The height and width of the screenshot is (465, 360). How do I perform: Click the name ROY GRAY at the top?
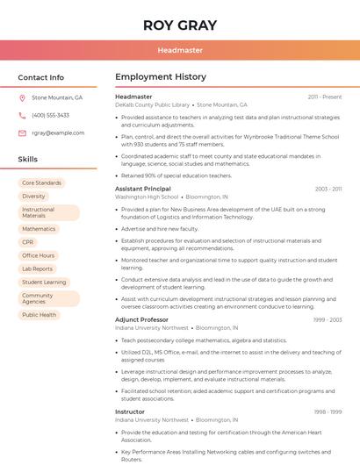click(x=180, y=25)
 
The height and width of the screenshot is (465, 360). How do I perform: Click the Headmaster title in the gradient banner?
click(x=180, y=50)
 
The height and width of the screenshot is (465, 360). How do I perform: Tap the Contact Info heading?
click(x=41, y=77)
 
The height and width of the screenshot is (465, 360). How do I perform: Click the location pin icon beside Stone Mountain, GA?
click(x=22, y=97)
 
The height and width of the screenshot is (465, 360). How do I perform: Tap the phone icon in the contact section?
click(x=22, y=115)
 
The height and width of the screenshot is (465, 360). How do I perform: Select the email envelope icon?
click(x=22, y=132)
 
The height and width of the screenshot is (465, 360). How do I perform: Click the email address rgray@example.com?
click(x=58, y=132)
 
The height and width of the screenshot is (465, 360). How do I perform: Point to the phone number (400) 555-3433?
click(x=50, y=115)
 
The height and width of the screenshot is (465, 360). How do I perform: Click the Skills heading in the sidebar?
click(x=28, y=159)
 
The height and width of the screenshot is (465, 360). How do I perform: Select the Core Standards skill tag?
click(x=41, y=182)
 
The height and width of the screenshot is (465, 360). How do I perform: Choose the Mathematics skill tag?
click(x=39, y=229)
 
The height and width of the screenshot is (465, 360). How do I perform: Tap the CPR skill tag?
click(x=28, y=242)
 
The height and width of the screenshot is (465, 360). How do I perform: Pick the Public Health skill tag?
click(x=40, y=315)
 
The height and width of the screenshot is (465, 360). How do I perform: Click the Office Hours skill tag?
click(x=39, y=255)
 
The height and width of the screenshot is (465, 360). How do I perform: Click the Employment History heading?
click(x=160, y=77)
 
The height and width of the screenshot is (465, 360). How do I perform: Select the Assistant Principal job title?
click(x=143, y=189)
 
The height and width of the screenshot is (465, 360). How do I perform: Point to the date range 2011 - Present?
click(x=325, y=97)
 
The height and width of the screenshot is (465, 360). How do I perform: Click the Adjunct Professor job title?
click(x=141, y=319)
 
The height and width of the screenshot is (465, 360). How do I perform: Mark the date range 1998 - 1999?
click(x=328, y=411)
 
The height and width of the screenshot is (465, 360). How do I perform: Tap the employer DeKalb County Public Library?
click(x=152, y=104)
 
